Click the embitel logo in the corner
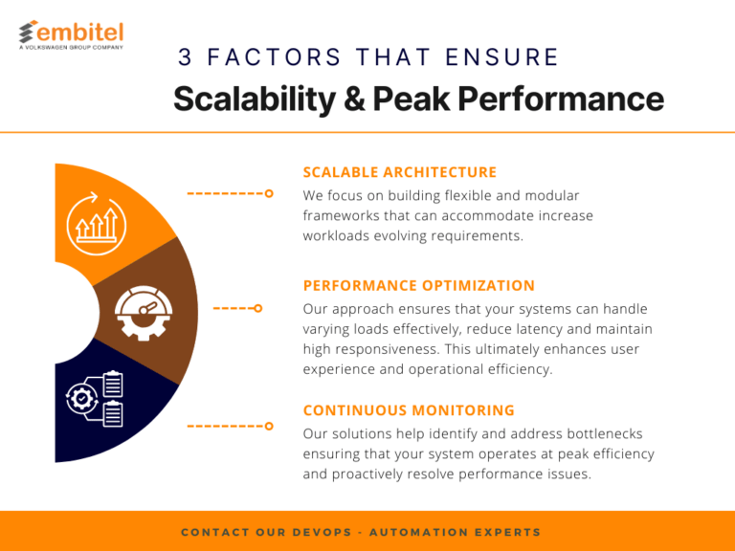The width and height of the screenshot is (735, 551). (71, 34)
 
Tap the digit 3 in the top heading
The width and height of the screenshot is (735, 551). (185, 57)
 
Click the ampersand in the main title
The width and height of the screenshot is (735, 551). (354, 99)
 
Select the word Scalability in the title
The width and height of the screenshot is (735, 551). (255, 99)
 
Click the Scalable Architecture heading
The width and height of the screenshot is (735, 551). (399, 172)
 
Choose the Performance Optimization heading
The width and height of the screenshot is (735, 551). (418, 285)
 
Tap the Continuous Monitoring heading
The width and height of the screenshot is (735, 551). (409, 410)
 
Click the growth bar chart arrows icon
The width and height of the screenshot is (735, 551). (96, 224)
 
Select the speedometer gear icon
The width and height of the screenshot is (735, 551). (144, 313)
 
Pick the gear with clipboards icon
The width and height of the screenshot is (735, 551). (95, 399)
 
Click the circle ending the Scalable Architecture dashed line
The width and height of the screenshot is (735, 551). (269, 193)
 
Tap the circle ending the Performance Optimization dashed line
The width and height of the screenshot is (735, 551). (257, 308)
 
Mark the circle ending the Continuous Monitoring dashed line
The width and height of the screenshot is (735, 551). (269, 426)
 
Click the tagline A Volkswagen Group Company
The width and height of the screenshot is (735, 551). (71, 47)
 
